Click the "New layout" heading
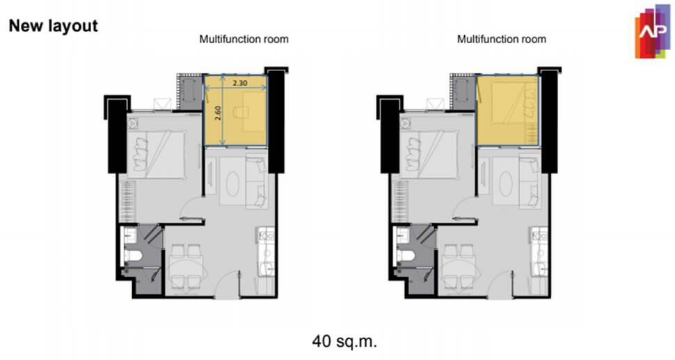click(x=54, y=26)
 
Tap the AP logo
click(x=652, y=32)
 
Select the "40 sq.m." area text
click(x=344, y=341)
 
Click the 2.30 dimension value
click(x=240, y=83)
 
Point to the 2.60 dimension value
click(x=218, y=113)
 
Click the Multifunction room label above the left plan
click(x=244, y=39)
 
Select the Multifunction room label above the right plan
click(x=502, y=39)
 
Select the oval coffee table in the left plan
click(x=233, y=184)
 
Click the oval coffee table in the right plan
click(x=505, y=184)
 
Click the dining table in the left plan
click(x=186, y=267)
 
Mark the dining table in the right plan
click(x=460, y=267)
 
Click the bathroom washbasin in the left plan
click(x=130, y=235)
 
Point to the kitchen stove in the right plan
click(x=539, y=236)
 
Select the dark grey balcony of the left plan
click(x=190, y=93)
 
